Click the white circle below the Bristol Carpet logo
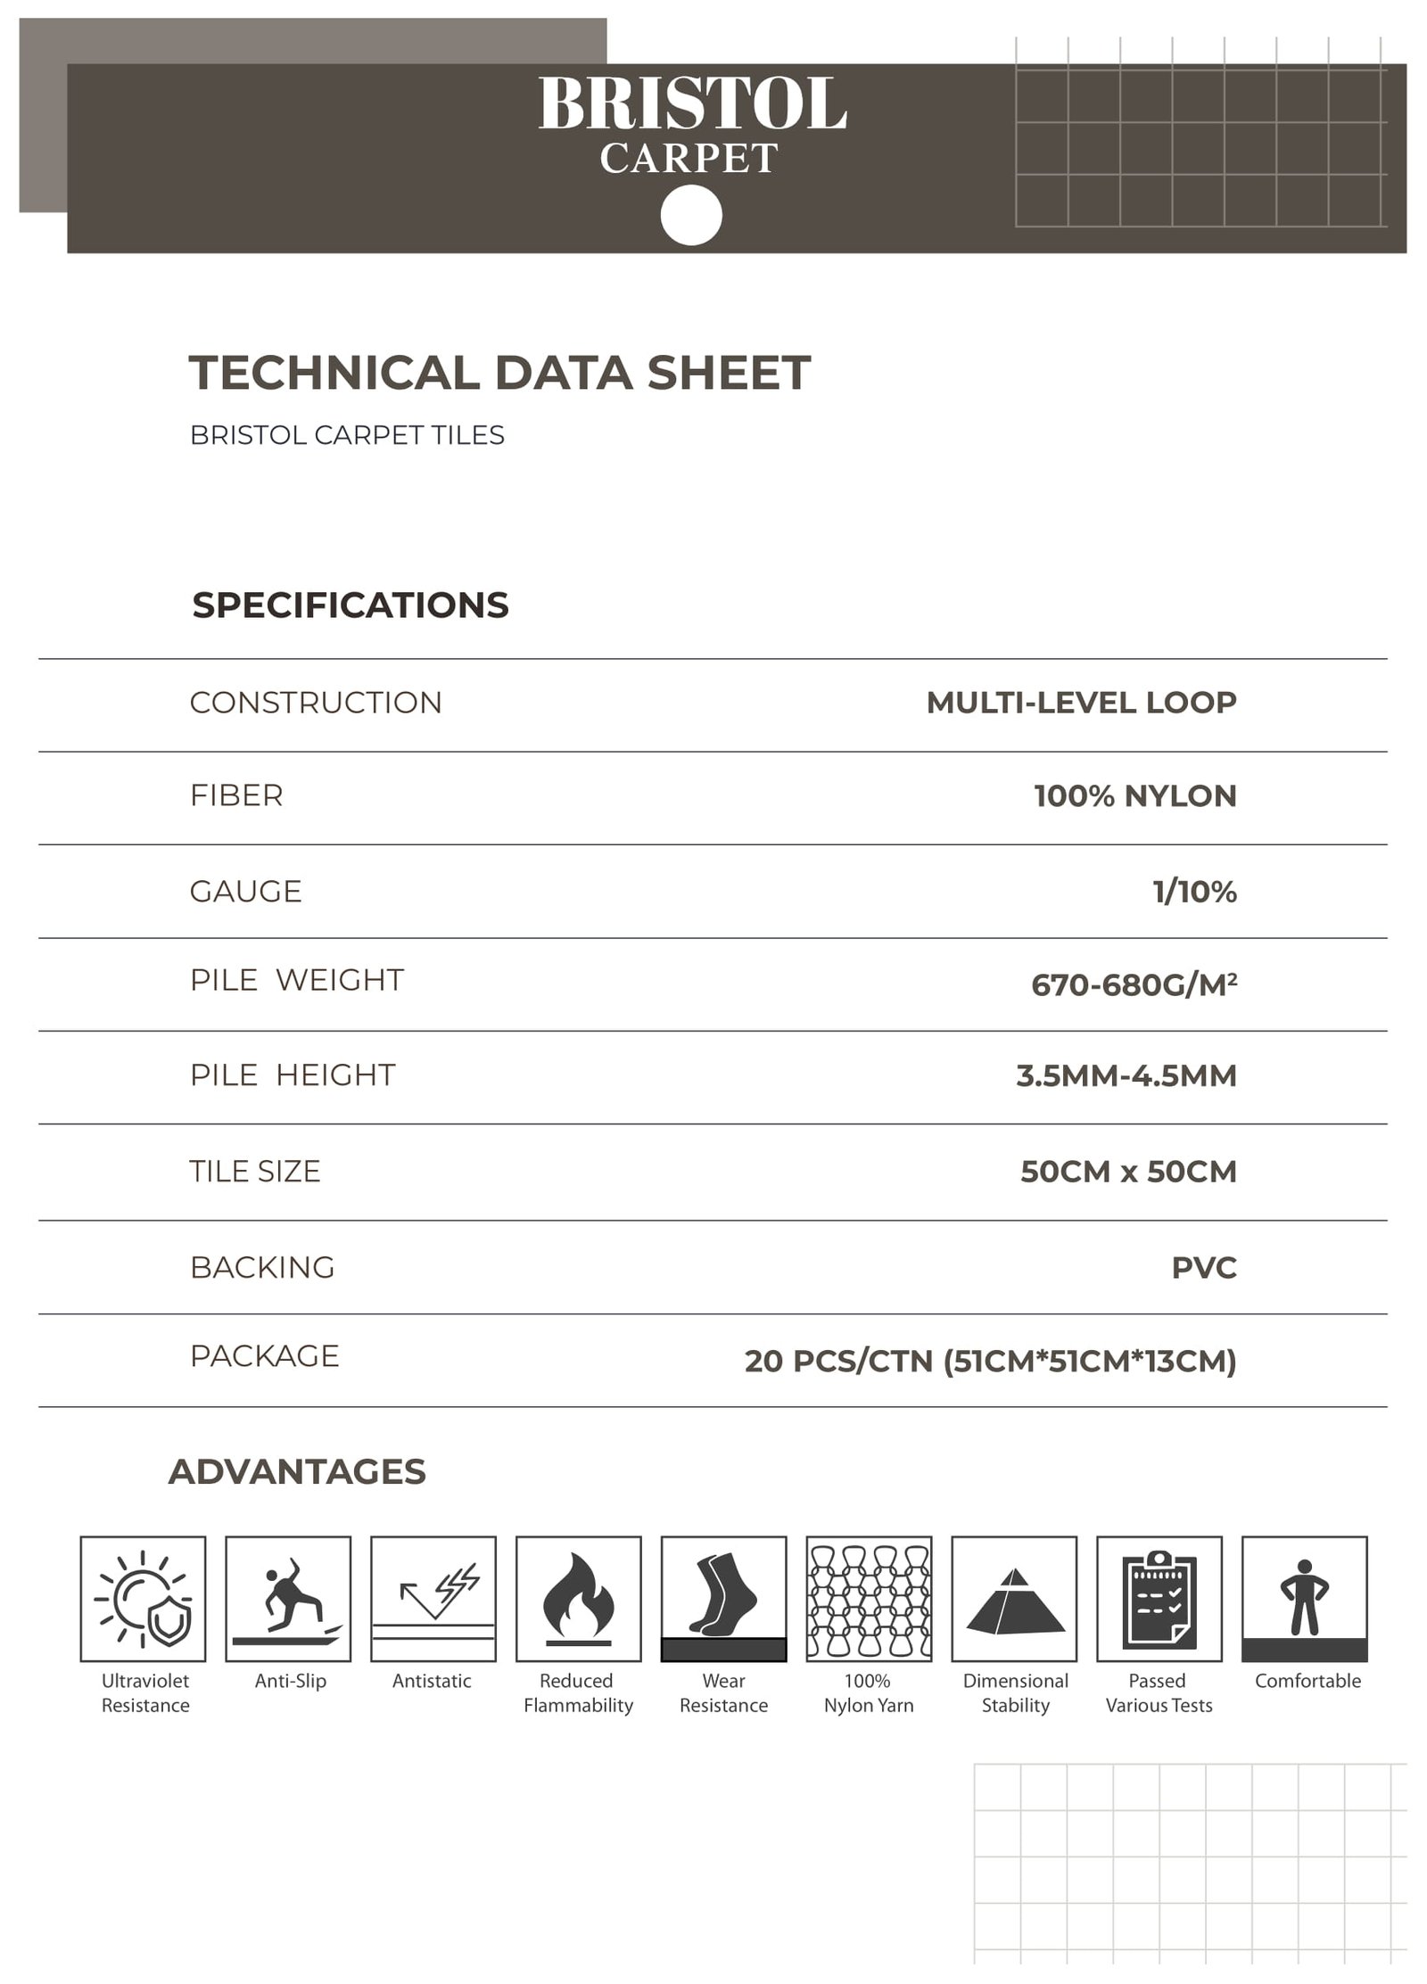tap(691, 215)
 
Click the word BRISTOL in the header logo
tap(692, 105)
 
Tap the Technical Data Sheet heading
tap(499, 373)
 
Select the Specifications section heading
tap(351, 605)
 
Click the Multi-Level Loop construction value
tap(1081, 703)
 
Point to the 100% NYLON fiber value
tap(1134, 795)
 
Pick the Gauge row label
tap(245, 891)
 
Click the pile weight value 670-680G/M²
tap(1134, 984)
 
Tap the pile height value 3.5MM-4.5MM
tap(1126, 1075)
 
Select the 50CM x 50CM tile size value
tap(1128, 1171)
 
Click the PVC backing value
tap(1203, 1267)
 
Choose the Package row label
tap(264, 1355)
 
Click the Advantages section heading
tap(297, 1471)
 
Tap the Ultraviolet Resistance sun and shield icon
tap(143, 1599)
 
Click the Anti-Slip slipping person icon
tap(288, 1599)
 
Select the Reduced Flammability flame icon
tap(578, 1599)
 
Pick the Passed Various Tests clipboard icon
tap(1159, 1599)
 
